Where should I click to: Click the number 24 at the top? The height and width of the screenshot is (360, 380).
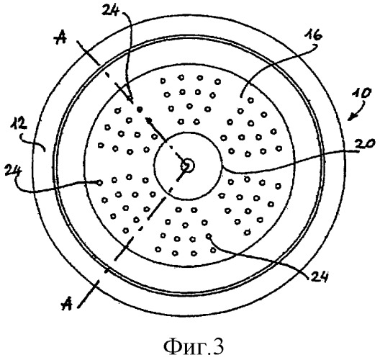point(111,10)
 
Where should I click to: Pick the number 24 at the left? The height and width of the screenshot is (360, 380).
point(14,171)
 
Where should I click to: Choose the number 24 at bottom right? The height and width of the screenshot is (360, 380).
point(318,276)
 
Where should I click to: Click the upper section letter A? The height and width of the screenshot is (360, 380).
point(60,38)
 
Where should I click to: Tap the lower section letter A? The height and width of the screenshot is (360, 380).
point(67,304)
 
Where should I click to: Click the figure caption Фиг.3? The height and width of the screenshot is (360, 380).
point(194,346)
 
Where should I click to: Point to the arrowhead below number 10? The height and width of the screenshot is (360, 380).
point(351,117)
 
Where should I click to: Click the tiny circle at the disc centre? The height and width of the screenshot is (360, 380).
point(188,166)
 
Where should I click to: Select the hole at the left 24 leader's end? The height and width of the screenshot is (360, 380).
point(99,183)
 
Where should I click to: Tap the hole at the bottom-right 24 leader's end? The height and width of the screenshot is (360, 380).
point(209,235)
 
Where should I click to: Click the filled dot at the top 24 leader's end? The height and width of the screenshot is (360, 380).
point(139,110)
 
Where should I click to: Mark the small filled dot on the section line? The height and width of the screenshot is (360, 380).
point(150,120)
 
